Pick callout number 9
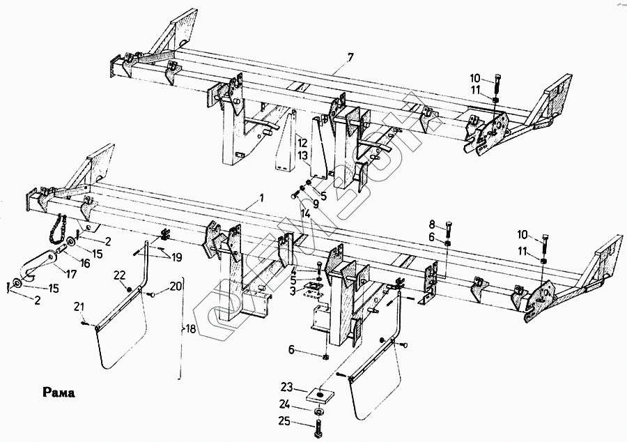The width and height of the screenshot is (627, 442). pos(315,204)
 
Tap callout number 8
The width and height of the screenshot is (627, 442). pos(432,224)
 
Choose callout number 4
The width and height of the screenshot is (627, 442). pos(294,271)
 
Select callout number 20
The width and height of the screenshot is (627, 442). pos(176,286)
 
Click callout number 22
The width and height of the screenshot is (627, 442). pos(119,274)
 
